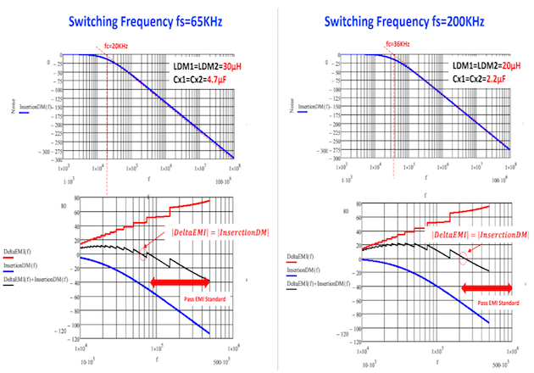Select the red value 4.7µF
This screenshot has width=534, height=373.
[203, 81]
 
